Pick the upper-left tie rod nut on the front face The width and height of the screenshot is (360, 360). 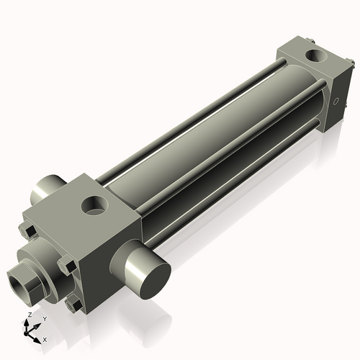[27, 230]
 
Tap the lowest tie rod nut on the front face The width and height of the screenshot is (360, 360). [72, 305]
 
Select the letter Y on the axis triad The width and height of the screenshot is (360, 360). [44, 318]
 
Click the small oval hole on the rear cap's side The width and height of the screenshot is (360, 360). [336, 102]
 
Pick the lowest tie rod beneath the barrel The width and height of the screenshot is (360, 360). [245, 180]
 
